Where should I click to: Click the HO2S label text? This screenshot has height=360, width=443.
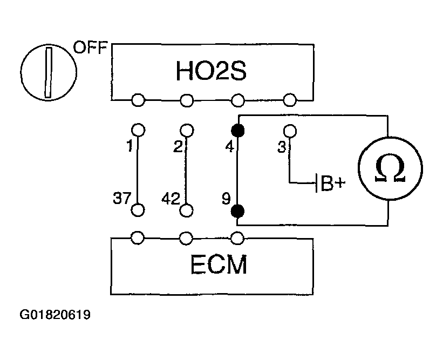pyautogui.click(x=211, y=70)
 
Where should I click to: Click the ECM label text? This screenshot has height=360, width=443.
pyautogui.click(x=219, y=264)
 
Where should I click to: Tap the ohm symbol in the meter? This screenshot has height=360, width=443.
pyautogui.click(x=390, y=169)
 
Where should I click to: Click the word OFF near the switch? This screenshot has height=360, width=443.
pyautogui.click(x=91, y=47)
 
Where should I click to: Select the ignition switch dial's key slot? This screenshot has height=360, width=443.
pyautogui.click(x=49, y=73)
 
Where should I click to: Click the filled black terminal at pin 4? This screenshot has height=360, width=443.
pyautogui.click(x=237, y=131)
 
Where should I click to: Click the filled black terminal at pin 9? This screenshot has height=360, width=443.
pyautogui.click(x=237, y=211)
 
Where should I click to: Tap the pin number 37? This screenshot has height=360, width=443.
pyautogui.click(x=122, y=198)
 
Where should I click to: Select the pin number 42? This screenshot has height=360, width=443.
pyautogui.click(x=171, y=199)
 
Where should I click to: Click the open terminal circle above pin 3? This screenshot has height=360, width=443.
pyautogui.click(x=290, y=131)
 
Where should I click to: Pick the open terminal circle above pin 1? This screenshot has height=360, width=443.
pyautogui.click(x=138, y=130)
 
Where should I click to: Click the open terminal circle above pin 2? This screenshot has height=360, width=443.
pyautogui.click(x=187, y=131)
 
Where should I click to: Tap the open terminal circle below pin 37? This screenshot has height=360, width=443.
pyautogui.click(x=138, y=210)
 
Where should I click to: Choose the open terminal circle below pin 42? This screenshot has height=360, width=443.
pyautogui.click(x=186, y=210)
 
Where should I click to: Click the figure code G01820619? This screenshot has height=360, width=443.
pyautogui.click(x=55, y=315)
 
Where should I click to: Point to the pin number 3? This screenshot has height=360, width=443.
pyautogui.click(x=282, y=147)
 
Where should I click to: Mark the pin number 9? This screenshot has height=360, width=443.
pyautogui.click(x=226, y=199)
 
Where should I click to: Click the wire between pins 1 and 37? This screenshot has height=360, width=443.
pyautogui.click(x=138, y=171)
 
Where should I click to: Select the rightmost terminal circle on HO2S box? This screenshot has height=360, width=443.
pyautogui.click(x=290, y=100)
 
